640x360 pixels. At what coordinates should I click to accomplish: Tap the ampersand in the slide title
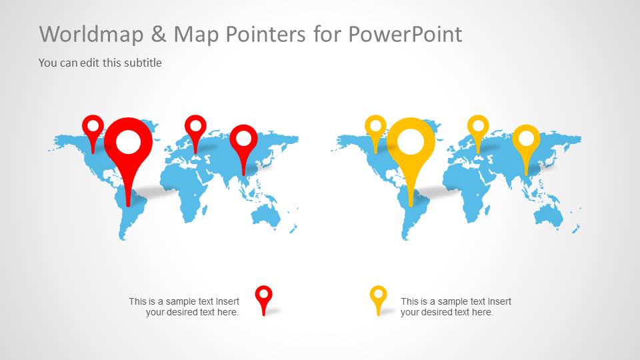(163, 34)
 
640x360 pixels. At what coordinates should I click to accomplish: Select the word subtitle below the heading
(143, 63)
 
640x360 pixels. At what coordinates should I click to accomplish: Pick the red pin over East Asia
(244, 139)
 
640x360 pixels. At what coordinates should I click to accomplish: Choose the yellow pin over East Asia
(527, 139)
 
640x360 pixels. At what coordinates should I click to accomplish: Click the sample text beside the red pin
(184, 307)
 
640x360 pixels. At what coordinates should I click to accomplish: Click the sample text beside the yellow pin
(456, 307)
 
